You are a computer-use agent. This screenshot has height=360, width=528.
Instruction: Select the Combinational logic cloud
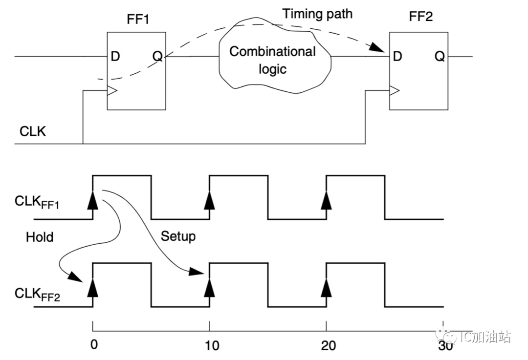click(x=272, y=59)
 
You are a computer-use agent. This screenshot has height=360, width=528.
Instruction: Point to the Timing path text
click(x=317, y=14)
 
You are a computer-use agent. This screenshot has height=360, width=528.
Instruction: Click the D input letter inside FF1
click(x=115, y=57)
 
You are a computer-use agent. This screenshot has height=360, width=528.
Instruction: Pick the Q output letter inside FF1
click(x=157, y=57)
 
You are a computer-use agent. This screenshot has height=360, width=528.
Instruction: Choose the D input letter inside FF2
click(x=397, y=57)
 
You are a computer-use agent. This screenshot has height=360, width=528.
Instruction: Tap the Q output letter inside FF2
click(x=440, y=57)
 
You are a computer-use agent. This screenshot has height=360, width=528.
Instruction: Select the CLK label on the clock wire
click(x=33, y=131)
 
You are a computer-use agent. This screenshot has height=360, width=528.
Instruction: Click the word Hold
click(x=40, y=237)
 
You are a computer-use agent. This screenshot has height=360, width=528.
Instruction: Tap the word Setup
click(x=178, y=236)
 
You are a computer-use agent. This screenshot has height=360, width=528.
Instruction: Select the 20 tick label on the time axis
click(x=328, y=346)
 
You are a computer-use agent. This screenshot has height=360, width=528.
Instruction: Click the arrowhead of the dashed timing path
click(x=377, y=48)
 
